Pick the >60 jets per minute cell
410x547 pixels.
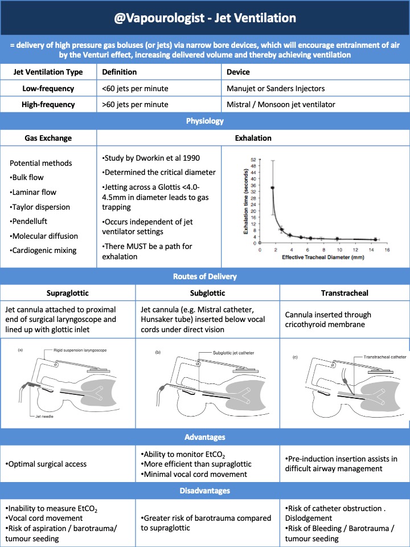[135, 104]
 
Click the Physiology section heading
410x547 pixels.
[205, 121]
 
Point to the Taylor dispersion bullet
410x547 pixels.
[40, 207]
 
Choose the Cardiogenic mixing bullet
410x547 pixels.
[44, 251]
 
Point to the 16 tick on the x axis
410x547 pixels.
[387, 250]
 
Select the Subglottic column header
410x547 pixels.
[208, 292]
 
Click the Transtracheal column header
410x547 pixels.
[345, 292]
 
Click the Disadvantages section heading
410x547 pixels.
[205, 491]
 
